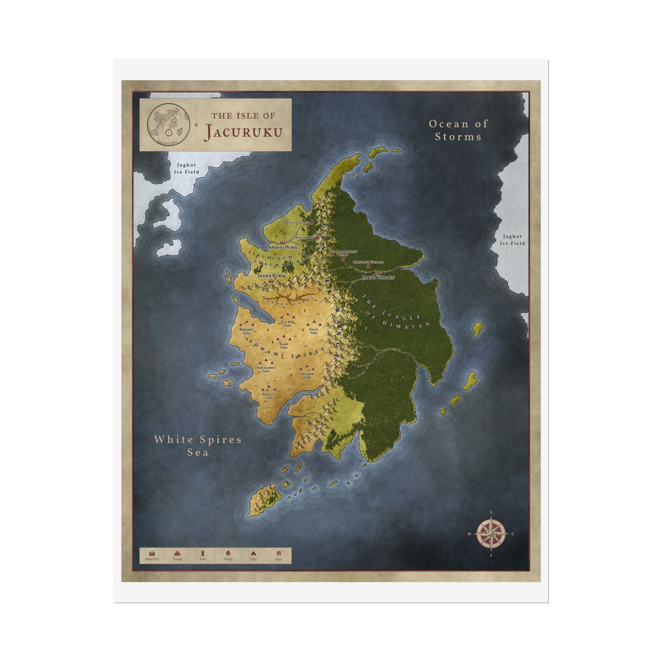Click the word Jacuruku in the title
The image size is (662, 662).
pyautogui.click(x=243, y=132)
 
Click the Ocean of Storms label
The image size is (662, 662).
pyautogui.click(x=458, y=130)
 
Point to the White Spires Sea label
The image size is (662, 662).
pyautogui.click(x=198, y=445)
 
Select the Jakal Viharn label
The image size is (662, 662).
pyautogui.click(x=378, y=277)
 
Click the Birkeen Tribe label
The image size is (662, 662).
pyautogui.click(x=246, y=331)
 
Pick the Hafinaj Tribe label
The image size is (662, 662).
pyautogui.click(x=269, y=396)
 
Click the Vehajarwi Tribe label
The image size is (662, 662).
pyautogui.click(x=266, y=369)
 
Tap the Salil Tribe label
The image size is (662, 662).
pyautogui.click(x=314, y=331)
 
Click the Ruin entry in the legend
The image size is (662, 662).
pyautogui.click(x=279, y=555)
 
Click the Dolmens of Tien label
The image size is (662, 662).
pyautogui.click(x=351, y=176)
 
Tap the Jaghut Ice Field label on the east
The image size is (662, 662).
pyautogui.click(x=512, y=240)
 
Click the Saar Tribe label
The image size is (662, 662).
pyautogui.click(x=284, y=346)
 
